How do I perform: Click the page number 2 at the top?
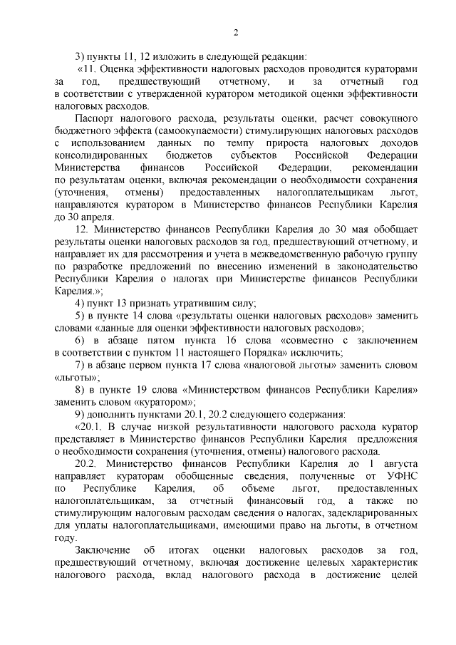coord(236,31)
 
